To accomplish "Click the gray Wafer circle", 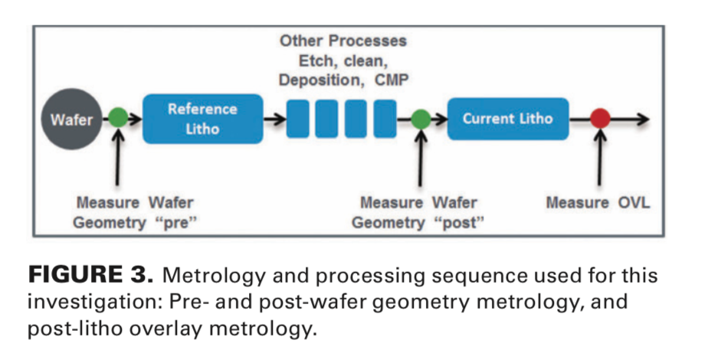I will (70, 119).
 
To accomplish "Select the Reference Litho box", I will (202, 119).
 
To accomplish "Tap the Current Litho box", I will (507, 119).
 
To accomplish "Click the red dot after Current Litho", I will (600, 119).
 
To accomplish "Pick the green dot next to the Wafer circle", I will (118, 119).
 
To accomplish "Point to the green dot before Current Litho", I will (421, 119).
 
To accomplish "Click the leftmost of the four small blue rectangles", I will (297, 119).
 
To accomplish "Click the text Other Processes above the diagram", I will (342, 40).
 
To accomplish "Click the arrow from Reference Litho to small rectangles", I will (274, 119).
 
